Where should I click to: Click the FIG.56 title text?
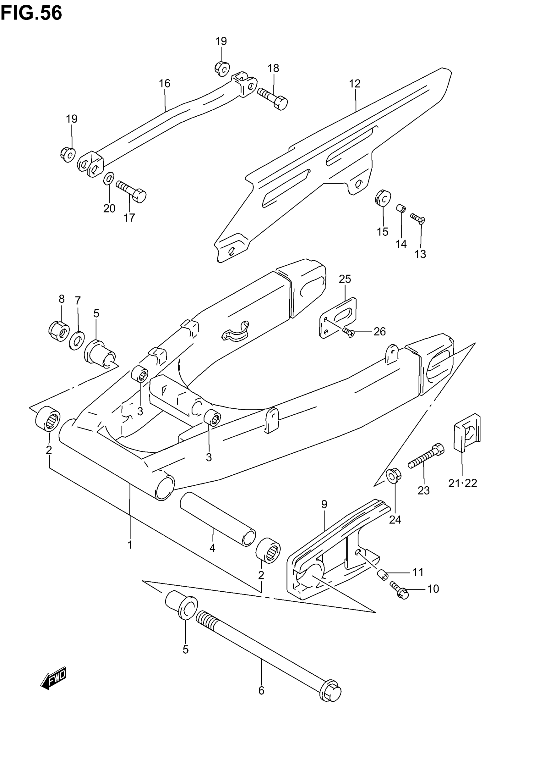(31, 13)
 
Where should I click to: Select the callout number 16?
(165, 83)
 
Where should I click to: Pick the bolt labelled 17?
(131, 190)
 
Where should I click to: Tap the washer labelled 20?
(109, 179)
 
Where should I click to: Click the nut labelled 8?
(59, 331)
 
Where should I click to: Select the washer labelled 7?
(77, 340)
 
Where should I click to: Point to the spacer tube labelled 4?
(217, 519)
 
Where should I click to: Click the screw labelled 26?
(348, 332)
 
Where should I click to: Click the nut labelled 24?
(394, 475)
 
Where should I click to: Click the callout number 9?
(324, 504)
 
